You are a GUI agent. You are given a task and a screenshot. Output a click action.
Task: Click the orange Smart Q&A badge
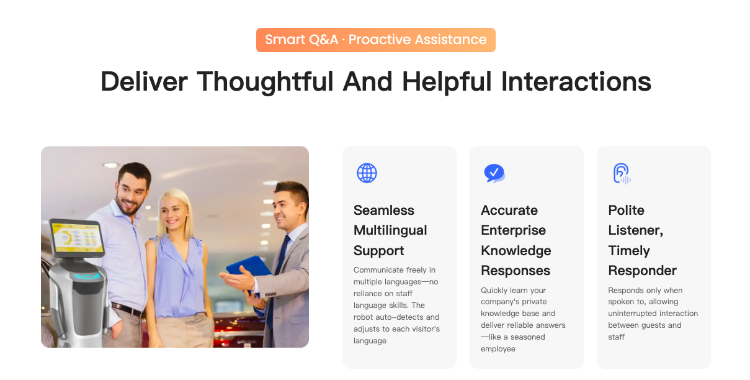click(376, 40)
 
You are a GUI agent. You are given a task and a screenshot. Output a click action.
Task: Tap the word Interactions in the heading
click(576, 81)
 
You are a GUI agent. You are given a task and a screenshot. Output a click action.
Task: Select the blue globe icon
click(367, 173)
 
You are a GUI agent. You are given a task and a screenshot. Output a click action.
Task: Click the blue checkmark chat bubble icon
click(494, 173)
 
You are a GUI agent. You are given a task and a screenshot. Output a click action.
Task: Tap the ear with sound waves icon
click(622, 174)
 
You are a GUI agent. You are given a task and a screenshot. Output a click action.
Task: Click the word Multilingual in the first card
click(390, 230)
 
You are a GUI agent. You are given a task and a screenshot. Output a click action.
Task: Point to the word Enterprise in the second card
click(513, 230)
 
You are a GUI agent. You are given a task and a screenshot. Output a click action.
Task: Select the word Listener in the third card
click(635, 230)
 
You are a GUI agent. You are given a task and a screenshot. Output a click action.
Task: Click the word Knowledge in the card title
click(516, 251)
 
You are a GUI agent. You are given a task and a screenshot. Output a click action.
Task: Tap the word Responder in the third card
click(642, 271)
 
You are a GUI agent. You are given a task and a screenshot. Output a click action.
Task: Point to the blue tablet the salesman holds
click(250, 268)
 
